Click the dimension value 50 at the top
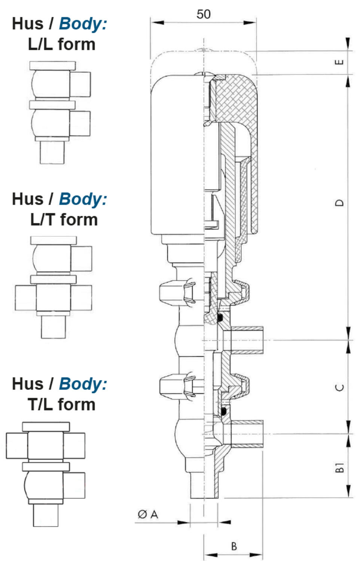coord(204,14)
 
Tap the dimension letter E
coord(339,62)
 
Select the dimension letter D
coord(339,203)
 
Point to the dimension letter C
coord(339,387)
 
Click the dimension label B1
coord(339,467)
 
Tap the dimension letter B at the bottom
coord(234,546)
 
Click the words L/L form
coord(62,45)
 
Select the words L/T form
coord(64,220)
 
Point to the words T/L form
coord(62,404)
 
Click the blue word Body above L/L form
coord(83,24)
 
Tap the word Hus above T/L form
coord(28,384)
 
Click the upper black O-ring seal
coord(220,317)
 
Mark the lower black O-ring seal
coord(224,411)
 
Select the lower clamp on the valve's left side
coord(177,386)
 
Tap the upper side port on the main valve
coord(247,340)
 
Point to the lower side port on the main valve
coord(247,434)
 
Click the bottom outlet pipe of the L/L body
coord(52,152)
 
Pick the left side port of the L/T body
coord(25,298)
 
